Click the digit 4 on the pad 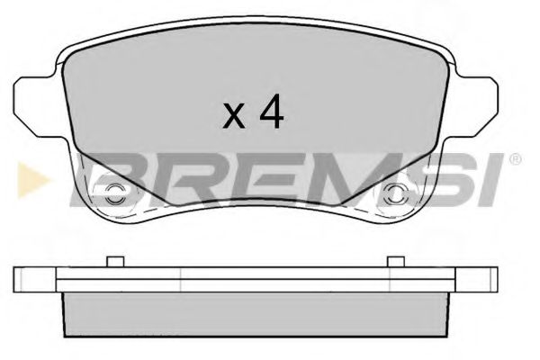coord(272,112)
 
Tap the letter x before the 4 coord(233,117)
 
